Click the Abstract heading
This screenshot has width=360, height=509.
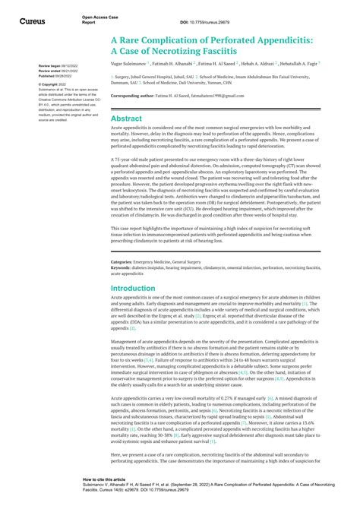tap(126, 119)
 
